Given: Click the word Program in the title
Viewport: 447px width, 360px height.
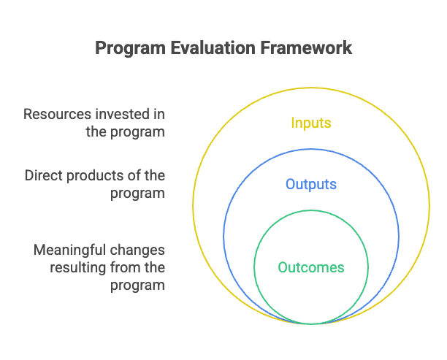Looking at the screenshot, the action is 130,48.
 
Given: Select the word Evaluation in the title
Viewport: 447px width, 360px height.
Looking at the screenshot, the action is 213,47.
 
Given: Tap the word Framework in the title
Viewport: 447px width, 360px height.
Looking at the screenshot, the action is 306,47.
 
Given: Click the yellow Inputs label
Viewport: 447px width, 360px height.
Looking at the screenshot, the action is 311,123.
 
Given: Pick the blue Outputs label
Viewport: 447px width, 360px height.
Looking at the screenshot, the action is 311,185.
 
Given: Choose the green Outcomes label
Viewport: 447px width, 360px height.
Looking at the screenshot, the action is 311,267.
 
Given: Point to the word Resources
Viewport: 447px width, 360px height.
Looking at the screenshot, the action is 57,114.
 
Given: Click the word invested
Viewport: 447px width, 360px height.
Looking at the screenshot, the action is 122,114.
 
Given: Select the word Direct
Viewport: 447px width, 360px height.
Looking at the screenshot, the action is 43,175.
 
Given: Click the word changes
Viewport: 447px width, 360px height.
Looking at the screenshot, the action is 137,250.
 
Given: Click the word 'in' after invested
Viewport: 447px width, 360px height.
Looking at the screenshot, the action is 159,114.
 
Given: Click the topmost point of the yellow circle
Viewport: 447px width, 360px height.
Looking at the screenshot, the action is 311,88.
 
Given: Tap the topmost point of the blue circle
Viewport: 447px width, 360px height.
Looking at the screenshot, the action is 311,149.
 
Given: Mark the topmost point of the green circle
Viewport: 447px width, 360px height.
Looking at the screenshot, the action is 311,210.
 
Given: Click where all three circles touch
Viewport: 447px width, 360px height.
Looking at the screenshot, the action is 311,324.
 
